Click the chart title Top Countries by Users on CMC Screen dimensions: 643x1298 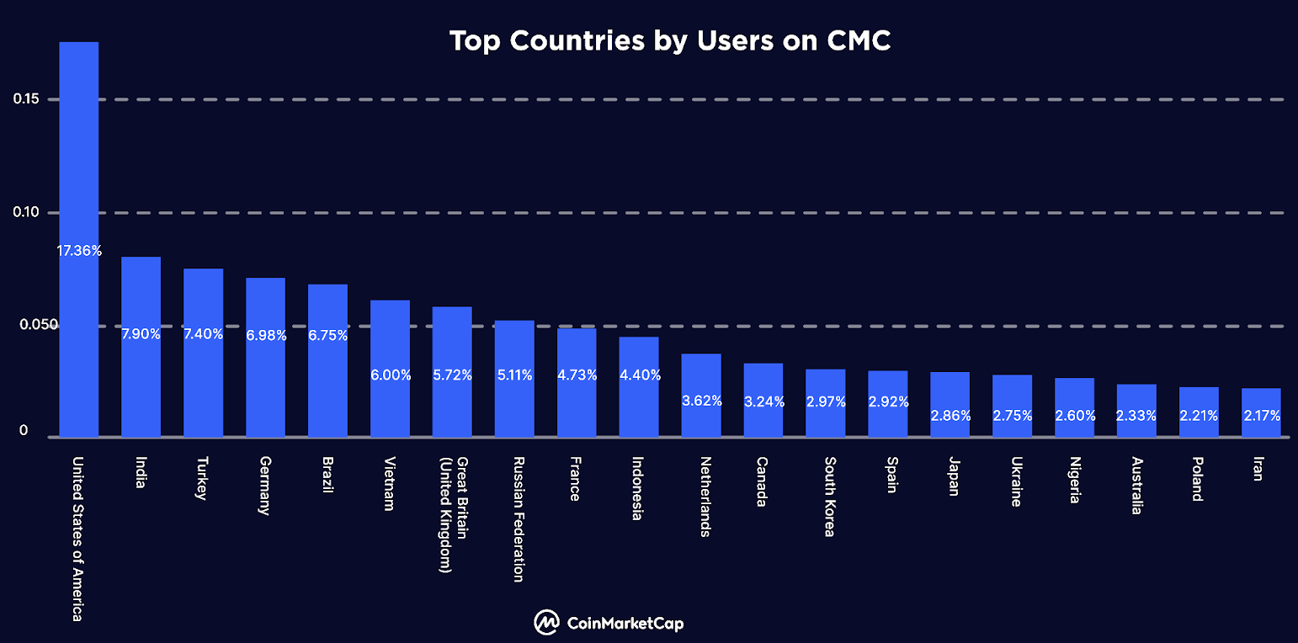tap(670, 40)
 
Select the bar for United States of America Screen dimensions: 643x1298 tap(78, 168)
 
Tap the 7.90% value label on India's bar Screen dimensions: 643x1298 tap(141, 334)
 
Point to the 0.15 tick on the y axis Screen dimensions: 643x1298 tap(26, 99)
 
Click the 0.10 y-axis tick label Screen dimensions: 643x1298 tap(26, 212)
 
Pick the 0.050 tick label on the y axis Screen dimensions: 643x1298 tap(30, 325)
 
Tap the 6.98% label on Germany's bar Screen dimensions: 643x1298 tap(266, 336)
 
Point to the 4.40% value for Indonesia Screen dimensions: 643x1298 tap(639, 375)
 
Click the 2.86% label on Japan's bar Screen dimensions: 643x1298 tap(950, 415)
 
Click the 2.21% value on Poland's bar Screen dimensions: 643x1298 tap(1199, 415)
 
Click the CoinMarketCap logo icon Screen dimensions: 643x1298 tap(547, 623)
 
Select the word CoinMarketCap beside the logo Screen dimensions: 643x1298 tap(625, 624)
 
